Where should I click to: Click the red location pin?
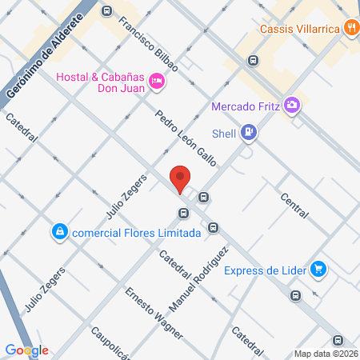click(x=180, y=178)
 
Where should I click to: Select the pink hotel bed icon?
click(x=158, y=80)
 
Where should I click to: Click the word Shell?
click(x=224, y=133)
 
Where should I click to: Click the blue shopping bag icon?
click(x=58, y=232)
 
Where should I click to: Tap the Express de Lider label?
click(x=265, y=270)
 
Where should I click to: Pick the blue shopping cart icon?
click(x=318, y=269)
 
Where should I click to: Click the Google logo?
click(x=26, y=350)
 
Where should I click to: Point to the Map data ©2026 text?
click(x=326, y=354)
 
